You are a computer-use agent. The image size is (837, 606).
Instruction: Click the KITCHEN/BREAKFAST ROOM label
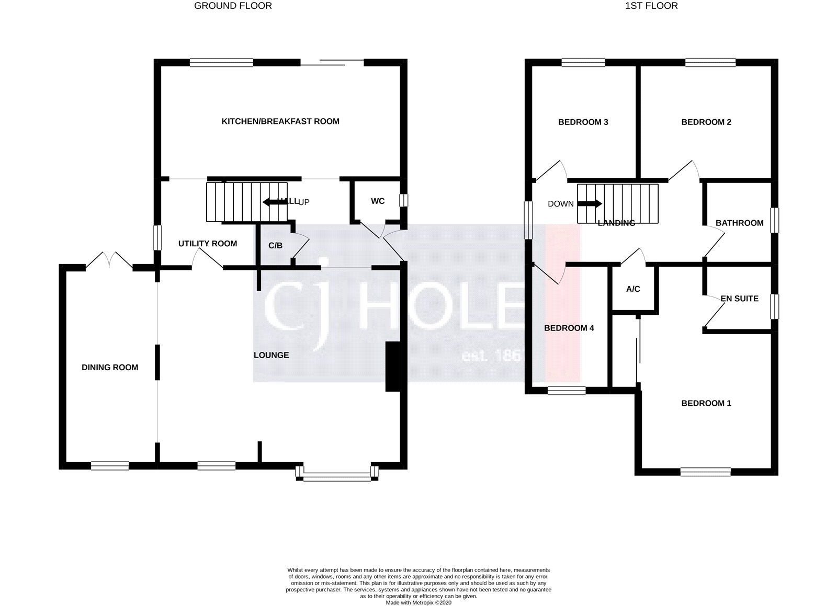[280, 121]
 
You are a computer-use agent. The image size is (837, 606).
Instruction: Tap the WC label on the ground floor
[378, 201]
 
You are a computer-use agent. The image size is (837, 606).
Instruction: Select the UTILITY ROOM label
[208, 244]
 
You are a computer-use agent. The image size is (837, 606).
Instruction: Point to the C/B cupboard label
[275, 245]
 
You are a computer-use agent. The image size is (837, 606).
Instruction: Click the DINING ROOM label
[110, 368]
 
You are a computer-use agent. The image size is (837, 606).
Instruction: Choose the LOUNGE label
[271, 356]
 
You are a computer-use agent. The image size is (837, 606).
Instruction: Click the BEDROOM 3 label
[583, 122]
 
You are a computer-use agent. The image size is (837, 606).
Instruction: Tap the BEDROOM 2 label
[706, 122]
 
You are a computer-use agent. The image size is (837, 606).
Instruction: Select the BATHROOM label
[739, 223]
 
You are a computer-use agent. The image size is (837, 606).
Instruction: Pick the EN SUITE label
[739, 299]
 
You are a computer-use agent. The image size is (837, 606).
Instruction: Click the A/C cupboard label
[633, 289]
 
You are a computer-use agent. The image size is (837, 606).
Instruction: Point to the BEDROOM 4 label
[569, 328]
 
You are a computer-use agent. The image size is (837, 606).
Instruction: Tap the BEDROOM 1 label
[706, 403]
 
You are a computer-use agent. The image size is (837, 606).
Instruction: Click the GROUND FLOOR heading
[233, 6]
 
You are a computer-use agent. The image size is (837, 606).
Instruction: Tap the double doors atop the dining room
[109, 260]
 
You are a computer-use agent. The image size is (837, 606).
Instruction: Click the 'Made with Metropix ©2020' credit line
[418, 602]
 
